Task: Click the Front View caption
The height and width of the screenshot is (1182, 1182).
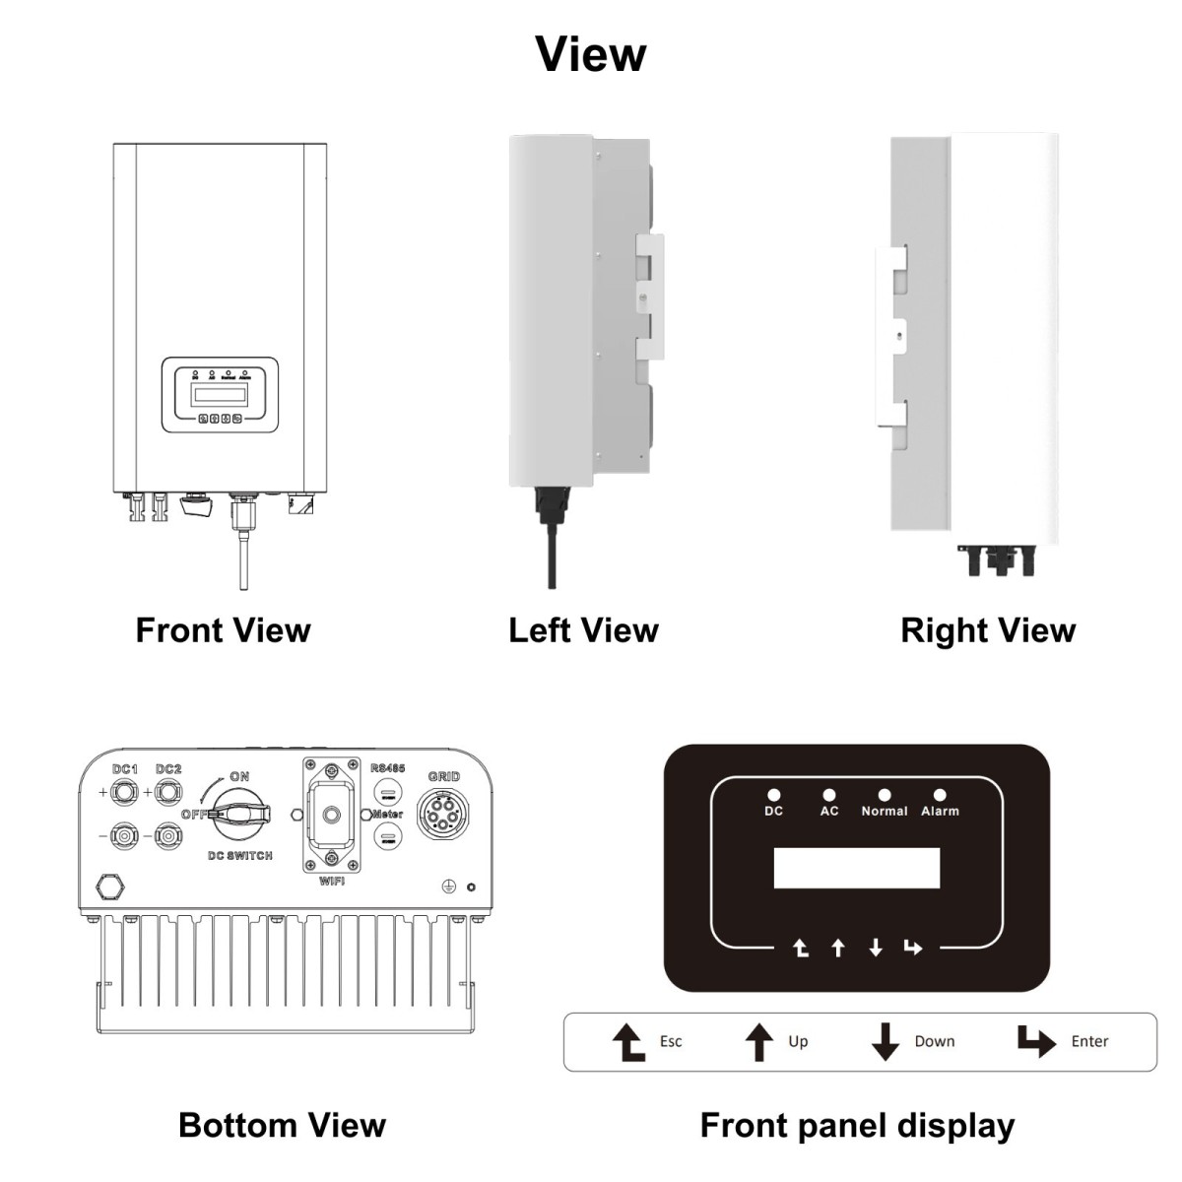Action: (223, 630)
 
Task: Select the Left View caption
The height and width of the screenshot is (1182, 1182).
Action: (583, 630)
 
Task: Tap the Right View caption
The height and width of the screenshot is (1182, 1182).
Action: (988, 630)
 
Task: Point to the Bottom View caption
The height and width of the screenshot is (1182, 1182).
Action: (282, 1125)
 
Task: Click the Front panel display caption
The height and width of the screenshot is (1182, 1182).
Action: (857, 1125)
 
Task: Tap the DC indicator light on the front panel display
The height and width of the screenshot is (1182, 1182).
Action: (774, 795)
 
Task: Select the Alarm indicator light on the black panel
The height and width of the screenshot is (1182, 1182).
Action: (940, 795)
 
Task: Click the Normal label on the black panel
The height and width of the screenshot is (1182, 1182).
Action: (884, 812)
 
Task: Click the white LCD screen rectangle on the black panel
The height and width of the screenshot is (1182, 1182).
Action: (857, 868)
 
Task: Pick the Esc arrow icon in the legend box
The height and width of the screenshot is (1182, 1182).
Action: (628, 1041)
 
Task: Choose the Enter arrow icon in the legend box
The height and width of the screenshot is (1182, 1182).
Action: (1035, 1041)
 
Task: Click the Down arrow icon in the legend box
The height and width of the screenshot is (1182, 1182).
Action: (886, 1041)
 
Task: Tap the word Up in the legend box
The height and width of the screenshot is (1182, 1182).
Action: (798, 1041)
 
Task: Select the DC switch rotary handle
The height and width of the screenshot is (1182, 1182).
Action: (241, 814)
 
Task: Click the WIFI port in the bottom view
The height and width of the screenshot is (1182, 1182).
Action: (332, 816)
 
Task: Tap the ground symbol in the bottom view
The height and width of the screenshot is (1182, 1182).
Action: (450, 886)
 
